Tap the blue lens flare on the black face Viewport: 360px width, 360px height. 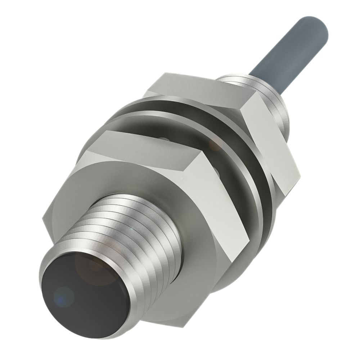click(x=64, y=296)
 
